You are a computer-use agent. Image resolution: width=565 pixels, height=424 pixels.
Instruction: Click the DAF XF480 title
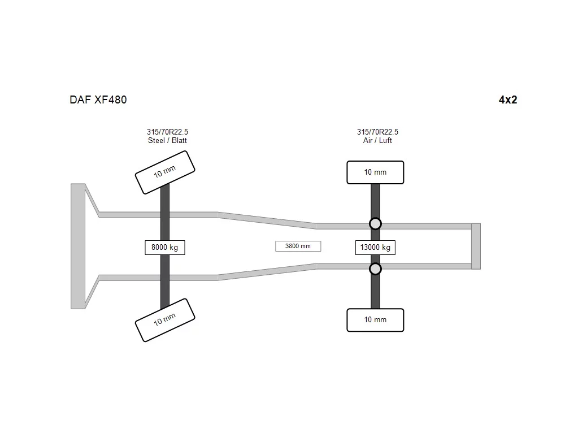point(98,100)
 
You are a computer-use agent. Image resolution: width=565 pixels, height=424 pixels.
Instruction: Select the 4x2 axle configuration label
point(508,100)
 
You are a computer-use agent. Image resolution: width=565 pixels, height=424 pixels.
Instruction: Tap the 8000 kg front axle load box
point(164,248)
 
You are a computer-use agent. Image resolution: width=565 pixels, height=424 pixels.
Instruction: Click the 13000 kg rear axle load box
point(375,248)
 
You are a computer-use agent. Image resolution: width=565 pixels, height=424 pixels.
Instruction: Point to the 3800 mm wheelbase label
point(298,246)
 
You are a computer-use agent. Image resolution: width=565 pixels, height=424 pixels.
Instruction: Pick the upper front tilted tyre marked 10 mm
point(165,172)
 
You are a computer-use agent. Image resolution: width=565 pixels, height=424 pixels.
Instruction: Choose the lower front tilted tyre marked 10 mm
point(165,320)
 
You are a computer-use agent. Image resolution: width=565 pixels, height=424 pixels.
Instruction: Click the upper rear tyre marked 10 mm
point(375,172)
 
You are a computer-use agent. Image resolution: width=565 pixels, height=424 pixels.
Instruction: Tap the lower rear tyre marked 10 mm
point(375,320)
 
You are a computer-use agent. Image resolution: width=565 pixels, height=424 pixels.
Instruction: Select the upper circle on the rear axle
point(375,224)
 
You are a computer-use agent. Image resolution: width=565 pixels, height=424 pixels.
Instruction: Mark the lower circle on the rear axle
point(375,269)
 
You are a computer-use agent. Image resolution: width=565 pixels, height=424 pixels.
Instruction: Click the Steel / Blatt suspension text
point(167,141)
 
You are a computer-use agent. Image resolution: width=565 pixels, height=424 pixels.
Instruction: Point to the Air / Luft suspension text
point(377,141)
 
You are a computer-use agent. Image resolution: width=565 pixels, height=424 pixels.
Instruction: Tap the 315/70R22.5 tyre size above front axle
point(167,132)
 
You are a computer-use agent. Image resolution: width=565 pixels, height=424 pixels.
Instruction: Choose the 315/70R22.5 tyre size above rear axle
point(377,132)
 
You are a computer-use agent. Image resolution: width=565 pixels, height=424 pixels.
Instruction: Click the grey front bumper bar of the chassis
point(78,246)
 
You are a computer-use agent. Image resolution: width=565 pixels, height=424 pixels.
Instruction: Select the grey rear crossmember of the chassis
point(476,246)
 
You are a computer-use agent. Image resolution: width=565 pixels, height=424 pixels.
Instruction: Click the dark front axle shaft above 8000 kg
point(164,212)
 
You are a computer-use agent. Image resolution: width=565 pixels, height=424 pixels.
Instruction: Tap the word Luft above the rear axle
point(385,141)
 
